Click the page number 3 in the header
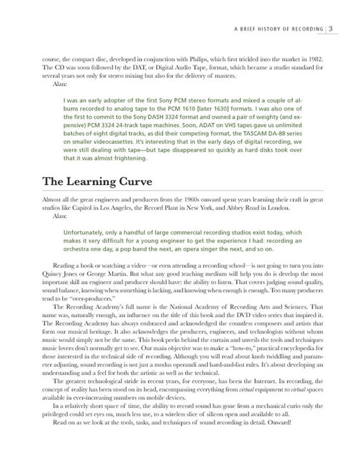pos(331,29)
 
